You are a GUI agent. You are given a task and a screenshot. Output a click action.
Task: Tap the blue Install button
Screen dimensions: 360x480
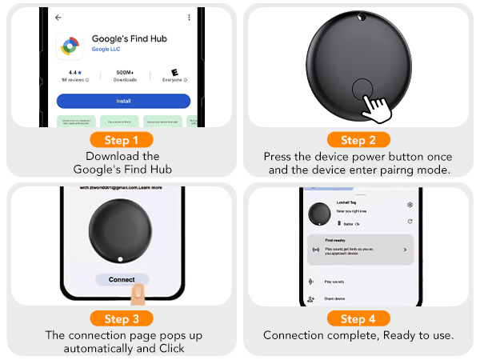click(123, 101)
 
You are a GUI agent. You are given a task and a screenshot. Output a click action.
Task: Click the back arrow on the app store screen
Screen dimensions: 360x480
click(58, 17)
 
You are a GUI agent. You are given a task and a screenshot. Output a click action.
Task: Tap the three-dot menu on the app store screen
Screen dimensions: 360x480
click(189, 17)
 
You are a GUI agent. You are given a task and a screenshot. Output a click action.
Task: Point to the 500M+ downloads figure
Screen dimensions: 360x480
click(124, 71)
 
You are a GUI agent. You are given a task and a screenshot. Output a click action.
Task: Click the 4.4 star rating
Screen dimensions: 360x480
click(74, 71)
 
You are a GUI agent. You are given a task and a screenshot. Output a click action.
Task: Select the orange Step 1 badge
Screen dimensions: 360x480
click(122, 140)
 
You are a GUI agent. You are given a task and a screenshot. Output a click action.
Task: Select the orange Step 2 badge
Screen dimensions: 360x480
click(358, 140)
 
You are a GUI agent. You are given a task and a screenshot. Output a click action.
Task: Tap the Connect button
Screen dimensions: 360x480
click(122, 279)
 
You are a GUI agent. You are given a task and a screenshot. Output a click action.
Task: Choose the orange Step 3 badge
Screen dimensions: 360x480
click(122, 318)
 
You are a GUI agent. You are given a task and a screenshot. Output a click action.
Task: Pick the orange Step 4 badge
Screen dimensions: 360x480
click(358, 318)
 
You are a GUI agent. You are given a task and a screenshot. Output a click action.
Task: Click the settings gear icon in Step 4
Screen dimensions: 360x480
click(410, 206)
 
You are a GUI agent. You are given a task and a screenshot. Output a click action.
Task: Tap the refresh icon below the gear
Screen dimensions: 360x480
click(410, 221)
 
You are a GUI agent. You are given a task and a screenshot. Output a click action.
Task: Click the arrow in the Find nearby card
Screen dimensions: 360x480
click(404, 250)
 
